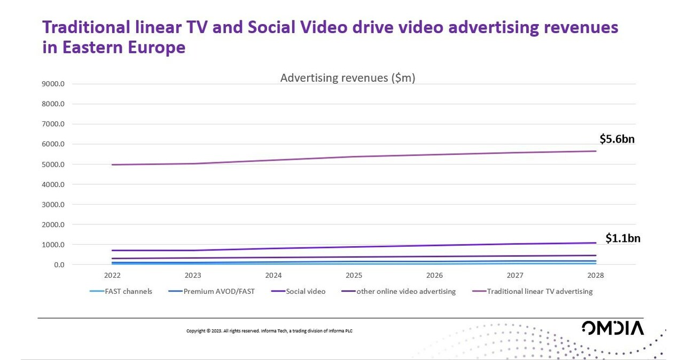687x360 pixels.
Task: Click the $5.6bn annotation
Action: tap(616, 139)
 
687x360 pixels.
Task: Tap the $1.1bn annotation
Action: tap(622, 239)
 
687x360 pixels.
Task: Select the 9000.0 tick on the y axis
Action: tap(53, 84)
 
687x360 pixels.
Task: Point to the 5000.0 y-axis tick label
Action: tap(53, 165)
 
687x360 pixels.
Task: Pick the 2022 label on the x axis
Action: tap(112, 276)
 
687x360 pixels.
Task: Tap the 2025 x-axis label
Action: tap(354, 276)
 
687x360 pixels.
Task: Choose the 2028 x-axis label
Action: tap(596, 276)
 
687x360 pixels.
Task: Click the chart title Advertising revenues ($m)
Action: tap(348, 78)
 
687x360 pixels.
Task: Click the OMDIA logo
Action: tap(613, 328)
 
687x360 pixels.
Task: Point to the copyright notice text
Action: tap(269, 331)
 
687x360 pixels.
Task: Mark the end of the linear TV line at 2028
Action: tap(596, 151)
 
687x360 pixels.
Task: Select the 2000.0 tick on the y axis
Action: tap(53, 225)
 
